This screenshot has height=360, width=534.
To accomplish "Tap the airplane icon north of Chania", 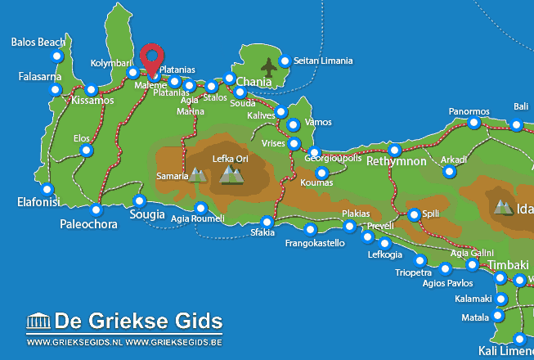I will [268, 65].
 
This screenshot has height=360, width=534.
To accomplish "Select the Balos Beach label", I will [38, 42].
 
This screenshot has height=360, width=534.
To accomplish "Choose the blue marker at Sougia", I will [139, 201].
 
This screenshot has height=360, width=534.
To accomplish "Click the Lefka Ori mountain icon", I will [232, 174].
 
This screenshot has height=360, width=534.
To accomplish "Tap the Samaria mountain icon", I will [197, 174].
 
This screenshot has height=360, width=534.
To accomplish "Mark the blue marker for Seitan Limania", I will [285, 61].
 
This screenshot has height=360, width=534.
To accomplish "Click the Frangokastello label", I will [315, 243].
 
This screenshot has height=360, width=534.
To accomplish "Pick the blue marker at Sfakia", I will [267, 222].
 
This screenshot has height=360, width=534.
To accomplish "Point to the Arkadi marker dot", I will [449, 172].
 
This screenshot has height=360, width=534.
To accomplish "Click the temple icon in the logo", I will [38, 320].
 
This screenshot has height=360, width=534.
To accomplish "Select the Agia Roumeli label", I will [198, 219].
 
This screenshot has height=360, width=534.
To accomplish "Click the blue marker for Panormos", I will [474, 124].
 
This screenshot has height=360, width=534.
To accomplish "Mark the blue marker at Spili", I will [414, 214].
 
